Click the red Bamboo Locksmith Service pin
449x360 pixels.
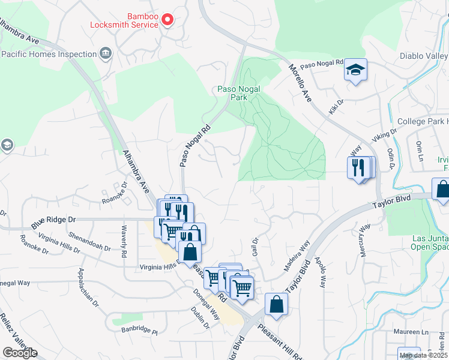tap(167, 20)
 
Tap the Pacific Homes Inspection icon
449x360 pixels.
tap(106, 54)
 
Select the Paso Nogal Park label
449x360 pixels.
tap(239, 93)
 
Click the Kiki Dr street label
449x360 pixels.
tap(336, 106)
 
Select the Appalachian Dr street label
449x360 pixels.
tap(88, 287)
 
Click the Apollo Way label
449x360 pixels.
tap(319, 273)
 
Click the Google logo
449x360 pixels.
tap(20, 353)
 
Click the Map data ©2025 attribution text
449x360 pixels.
tap(423, 355)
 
